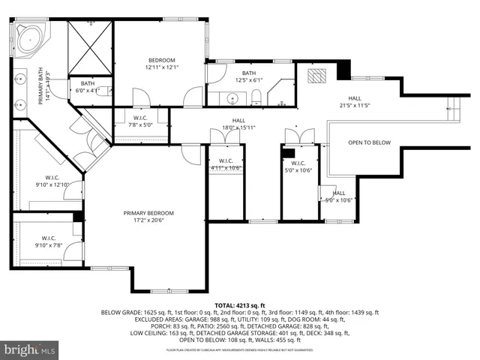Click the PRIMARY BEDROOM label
(148, 212)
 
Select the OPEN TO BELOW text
(369, 142)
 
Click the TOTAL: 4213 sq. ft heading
(239, 306)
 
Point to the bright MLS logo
(30, 349)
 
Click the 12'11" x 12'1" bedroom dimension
(160, 67)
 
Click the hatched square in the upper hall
(318, 76)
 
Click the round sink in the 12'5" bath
(232, 98)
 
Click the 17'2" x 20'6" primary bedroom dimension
(148, 220)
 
